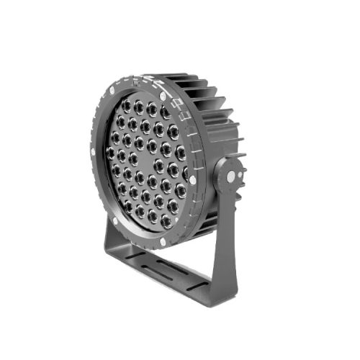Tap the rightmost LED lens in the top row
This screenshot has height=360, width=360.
click(166, 112)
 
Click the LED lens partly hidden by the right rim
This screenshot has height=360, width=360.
click(186, 173)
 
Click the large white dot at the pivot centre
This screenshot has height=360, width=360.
click(230, 176)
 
